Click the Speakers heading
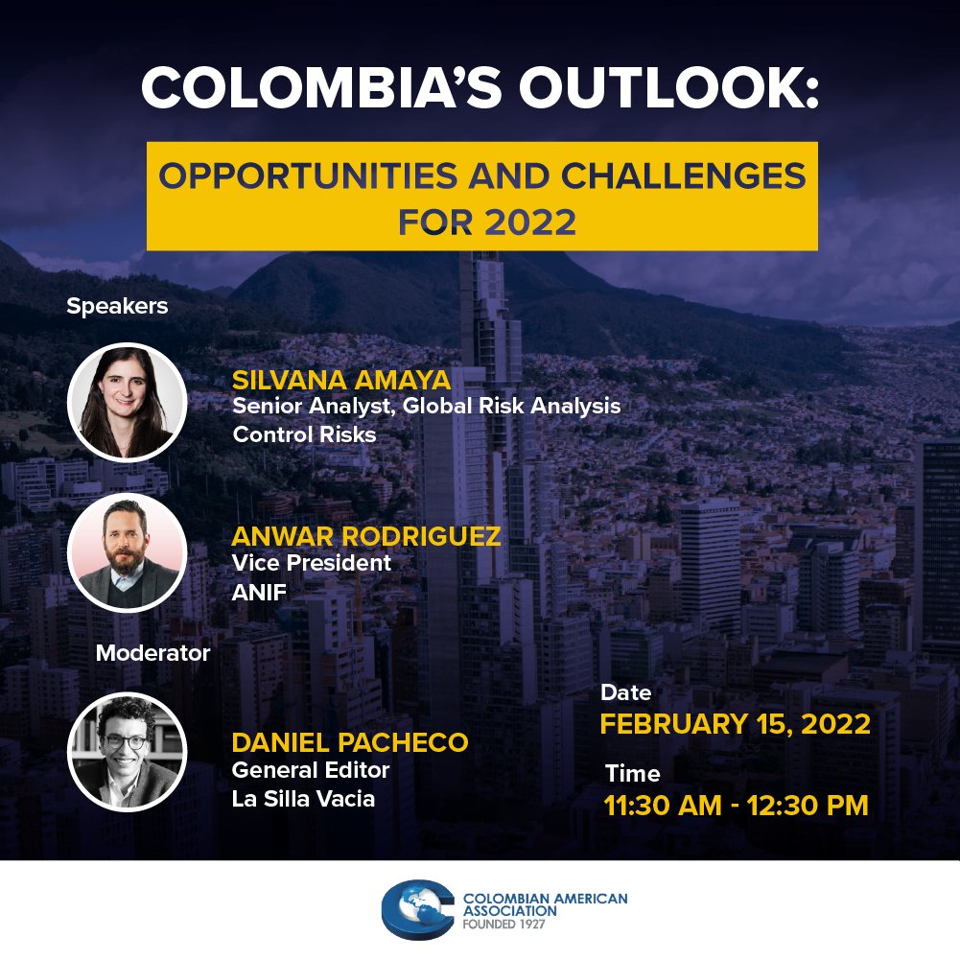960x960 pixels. click(x=117, y=307)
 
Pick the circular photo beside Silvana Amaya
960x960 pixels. click(x=128, y=403)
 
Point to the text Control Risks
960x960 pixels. click(x=304, y=433)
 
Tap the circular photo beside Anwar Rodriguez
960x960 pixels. click(x=128, y=552)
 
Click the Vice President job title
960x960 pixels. click(x=312, y=563)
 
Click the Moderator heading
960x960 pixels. click(x=152, y=654)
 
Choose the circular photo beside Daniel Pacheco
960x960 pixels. click(x=128, y=751)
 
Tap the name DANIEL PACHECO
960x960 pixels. click(x=350, y=742)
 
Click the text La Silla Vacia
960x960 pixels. click(x=303, y=799)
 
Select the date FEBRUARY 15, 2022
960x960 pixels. click(x=736, y=723)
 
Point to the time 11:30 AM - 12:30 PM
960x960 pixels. click(x=737, y=806)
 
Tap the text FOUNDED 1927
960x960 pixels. click(x=509, y=926)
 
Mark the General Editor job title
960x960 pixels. click(x=311, y=770)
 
